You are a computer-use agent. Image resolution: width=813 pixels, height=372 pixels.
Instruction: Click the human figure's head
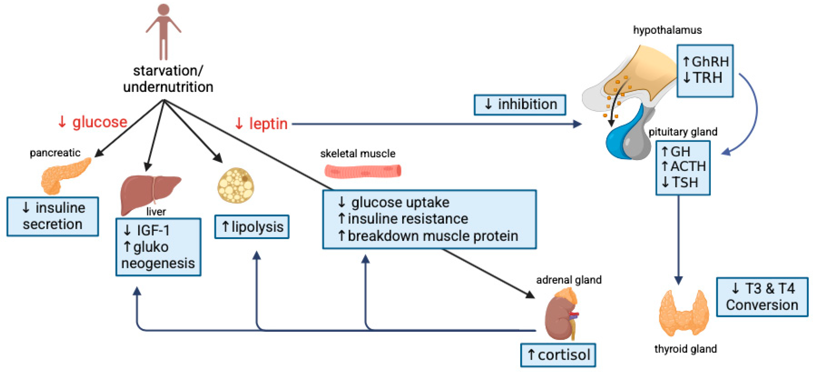click(x=163, y=9)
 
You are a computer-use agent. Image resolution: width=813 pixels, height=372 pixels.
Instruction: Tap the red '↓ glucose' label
click(x=93, y=122)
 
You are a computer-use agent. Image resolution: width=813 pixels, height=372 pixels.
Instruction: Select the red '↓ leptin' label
click(x=261, y=123)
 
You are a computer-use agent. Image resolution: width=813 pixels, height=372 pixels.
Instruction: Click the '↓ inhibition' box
click(x=520, y=105)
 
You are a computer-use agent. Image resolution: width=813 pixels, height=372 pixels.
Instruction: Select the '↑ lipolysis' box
click(x=252, y=227)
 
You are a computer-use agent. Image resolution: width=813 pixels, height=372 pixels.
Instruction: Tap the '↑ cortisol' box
click(x=558, y=355)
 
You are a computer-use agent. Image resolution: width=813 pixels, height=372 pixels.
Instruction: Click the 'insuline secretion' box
click(x=53, y=216)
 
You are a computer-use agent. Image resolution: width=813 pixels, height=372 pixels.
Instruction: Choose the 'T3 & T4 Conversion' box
click(x=762, y=297)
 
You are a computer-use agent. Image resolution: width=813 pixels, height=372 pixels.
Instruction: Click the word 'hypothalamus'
click(x=667, y=30)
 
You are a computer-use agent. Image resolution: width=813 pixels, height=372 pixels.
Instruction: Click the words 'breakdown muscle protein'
click(x=433, y=236)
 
